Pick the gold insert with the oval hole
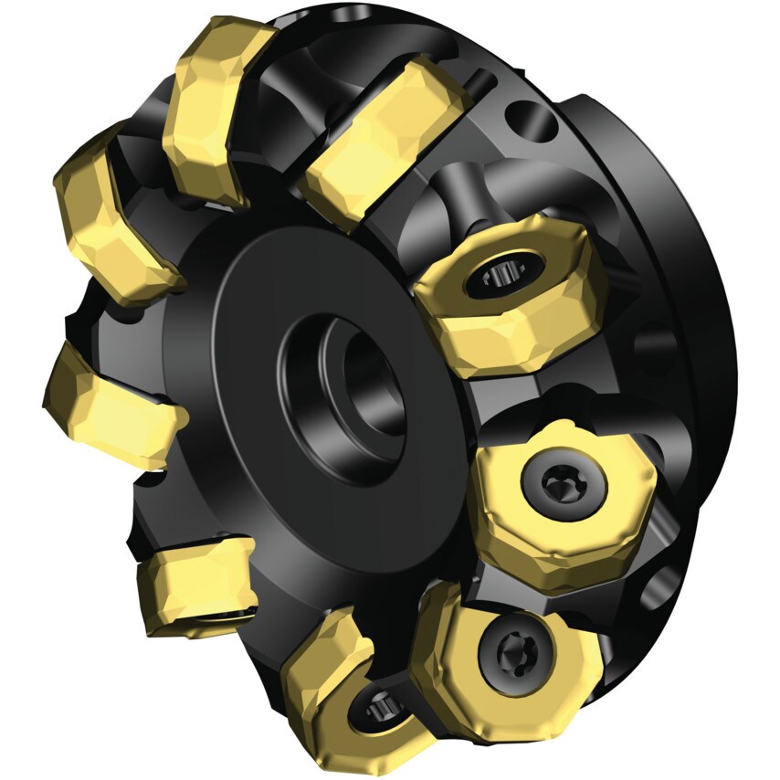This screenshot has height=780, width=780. (x=511, y=292)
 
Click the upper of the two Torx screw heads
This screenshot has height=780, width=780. (x=558, y=481)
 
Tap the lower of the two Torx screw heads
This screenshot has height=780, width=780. (x=505, y=649)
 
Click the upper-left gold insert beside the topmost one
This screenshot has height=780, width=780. (x=114, y=210)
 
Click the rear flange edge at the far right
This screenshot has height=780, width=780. (x=722, y=365)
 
